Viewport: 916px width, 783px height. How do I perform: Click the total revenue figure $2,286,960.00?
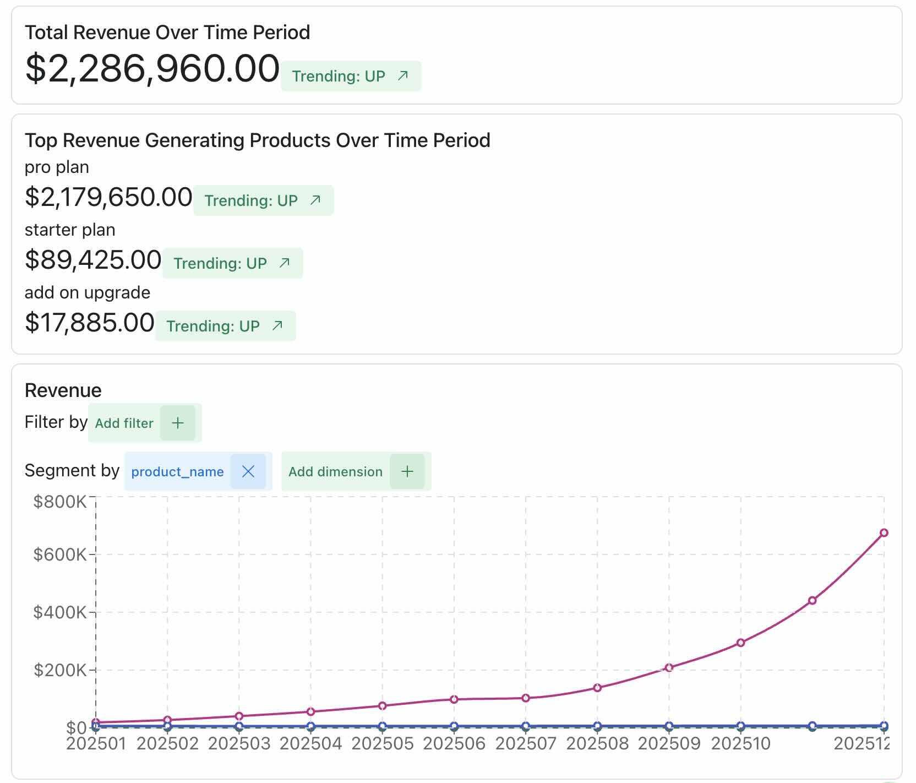[x=152, y=69]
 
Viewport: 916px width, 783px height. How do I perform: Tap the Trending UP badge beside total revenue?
[x=351, y=76]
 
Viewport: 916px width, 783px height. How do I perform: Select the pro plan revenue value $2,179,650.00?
[x=108, y=197]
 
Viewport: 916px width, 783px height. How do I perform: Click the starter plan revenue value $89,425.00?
[x=93, y=260]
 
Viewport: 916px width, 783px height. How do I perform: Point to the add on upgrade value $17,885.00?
[x=89, y=323]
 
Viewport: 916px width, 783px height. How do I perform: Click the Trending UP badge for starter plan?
[x=232, y=263]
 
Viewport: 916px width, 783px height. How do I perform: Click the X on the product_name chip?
[x=248, y=471]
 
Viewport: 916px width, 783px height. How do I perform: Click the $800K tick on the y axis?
[x=59, y=502]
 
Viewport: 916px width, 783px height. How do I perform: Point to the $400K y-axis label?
[x=59, y=612]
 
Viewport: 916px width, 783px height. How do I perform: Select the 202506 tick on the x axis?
[x=454, y=744]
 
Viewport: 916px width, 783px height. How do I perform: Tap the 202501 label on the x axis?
[x=96, y=744]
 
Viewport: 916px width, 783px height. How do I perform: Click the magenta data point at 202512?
[x=884, y=532]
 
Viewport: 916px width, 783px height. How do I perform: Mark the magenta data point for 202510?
[x=740, y=643]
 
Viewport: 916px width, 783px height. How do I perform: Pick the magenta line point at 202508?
[x=597, y=688]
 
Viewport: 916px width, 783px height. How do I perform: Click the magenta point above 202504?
[x=310, y=711]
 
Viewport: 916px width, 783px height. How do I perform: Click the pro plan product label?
[x=57, y=167]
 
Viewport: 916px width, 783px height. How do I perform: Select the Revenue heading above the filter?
[x=63, y=390]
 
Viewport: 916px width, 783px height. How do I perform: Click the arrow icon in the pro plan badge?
[x=315, y=200]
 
